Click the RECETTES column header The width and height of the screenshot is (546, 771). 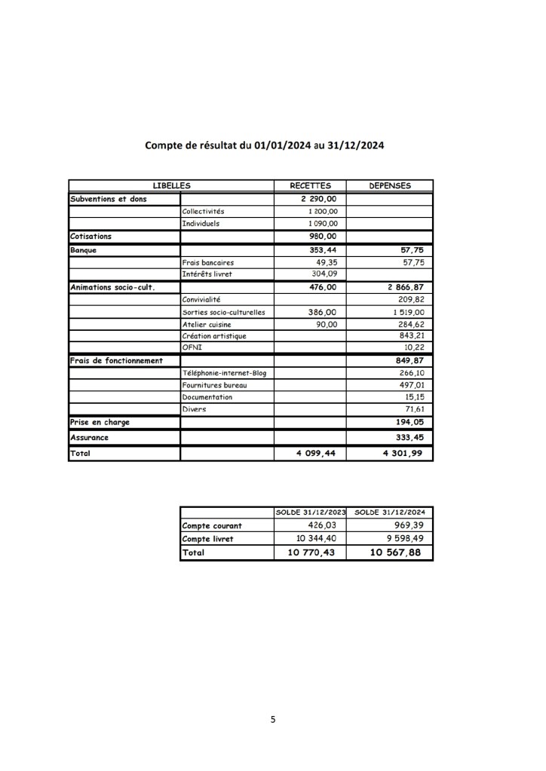tap(310, 185)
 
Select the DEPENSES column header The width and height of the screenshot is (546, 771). tap(389, 185)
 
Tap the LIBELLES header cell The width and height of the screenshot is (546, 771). tap(170, 185)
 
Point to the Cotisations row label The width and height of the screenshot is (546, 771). tap(90, 236)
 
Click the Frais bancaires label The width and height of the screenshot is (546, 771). tap(207, 262)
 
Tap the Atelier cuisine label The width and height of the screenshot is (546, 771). tap(206, 323)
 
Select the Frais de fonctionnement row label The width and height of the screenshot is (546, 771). tap(116, 360)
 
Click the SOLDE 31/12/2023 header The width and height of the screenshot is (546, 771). tap(310, 512)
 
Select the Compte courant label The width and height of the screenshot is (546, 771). tap(207, 525)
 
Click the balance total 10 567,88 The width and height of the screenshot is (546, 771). tap(395, 552)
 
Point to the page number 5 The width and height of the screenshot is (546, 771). tap(273, 719)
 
